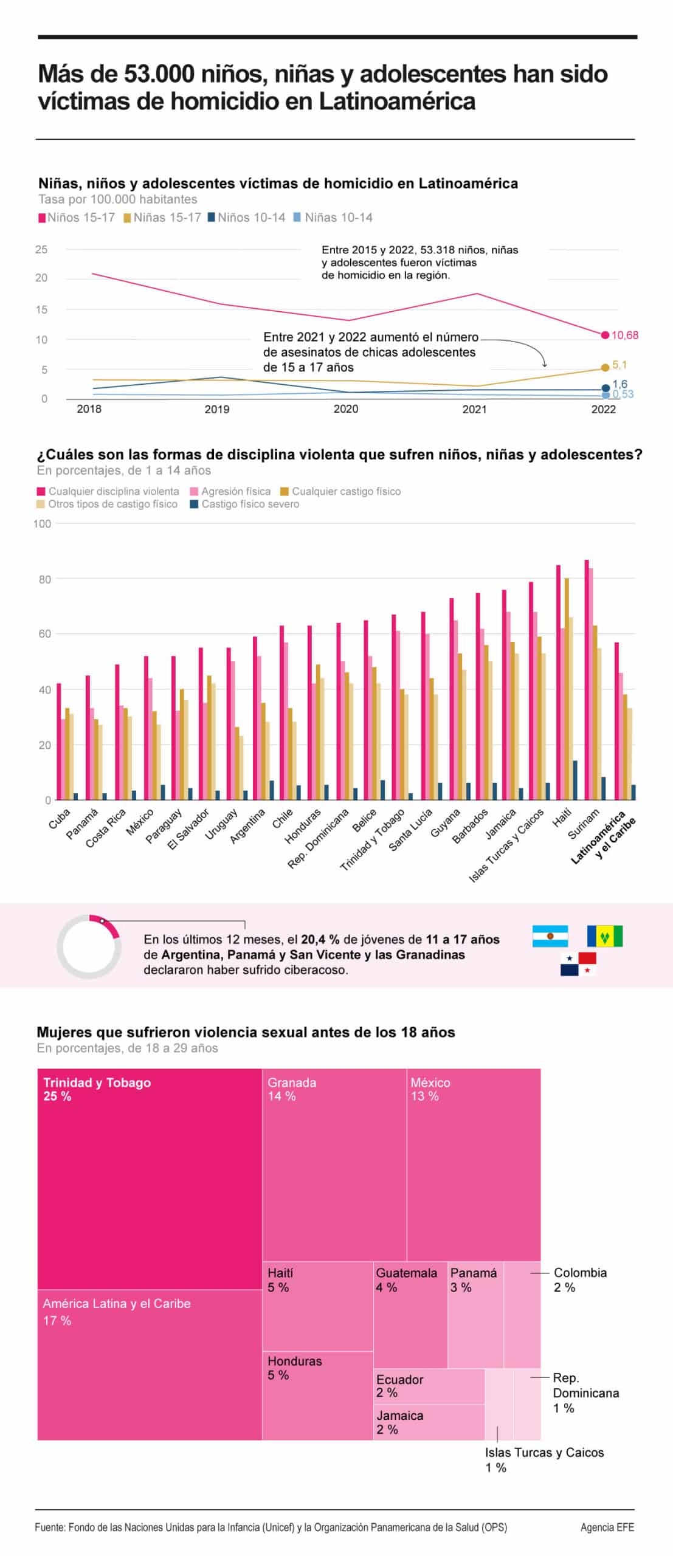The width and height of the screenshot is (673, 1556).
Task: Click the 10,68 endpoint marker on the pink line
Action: pos(604,335)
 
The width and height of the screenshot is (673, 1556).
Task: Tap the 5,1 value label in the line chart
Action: pos(619,365)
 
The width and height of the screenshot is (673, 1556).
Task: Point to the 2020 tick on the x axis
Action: pos(345,409)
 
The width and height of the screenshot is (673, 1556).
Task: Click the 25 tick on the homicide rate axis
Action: pos(41,249)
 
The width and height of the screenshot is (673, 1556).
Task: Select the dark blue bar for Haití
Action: pos(575,780)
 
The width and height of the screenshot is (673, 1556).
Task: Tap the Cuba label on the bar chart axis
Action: pos(60,819)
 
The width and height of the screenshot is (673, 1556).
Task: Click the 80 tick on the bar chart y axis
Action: pos(44,579)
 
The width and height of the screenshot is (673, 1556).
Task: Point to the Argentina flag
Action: pos(550,936)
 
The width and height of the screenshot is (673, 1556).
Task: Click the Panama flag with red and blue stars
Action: pos(578,963)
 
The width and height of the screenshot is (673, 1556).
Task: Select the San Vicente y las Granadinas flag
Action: pos(604,936)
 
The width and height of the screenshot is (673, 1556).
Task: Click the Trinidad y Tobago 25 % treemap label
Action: pos(97,1089)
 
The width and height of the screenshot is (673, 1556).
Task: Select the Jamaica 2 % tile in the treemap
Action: pos(428,1422)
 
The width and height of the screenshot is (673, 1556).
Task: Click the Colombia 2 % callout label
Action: pos(579,1279)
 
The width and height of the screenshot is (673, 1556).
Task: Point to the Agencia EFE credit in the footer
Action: pos(607,1527)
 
